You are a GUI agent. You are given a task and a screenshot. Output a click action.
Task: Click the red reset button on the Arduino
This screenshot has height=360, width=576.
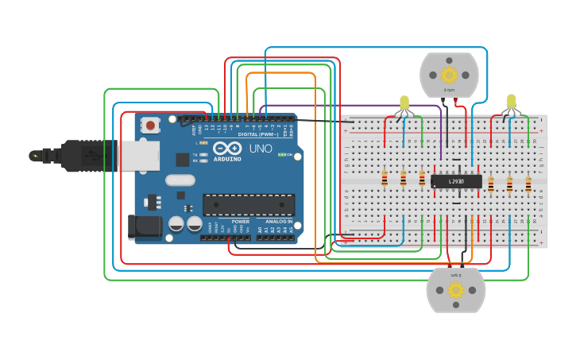[150, 125]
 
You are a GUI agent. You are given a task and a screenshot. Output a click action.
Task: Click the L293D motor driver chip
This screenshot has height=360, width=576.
[456, 181]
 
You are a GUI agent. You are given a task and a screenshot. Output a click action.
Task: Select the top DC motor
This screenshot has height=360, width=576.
[449, 75]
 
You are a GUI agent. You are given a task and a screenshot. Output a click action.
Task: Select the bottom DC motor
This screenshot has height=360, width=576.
[455, 290]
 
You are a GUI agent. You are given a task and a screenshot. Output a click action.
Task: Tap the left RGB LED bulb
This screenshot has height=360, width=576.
[404, 103]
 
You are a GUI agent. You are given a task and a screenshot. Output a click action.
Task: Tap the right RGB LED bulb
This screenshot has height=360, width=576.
[511, 102]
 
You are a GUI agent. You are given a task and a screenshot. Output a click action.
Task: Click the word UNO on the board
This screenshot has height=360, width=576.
[261, 149]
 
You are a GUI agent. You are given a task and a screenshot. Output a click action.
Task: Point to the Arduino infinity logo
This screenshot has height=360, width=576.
[226, 149]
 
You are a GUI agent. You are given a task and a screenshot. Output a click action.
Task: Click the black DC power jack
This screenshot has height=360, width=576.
[145, 226]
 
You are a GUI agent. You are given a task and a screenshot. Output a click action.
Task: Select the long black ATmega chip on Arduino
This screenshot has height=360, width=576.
[249, 205]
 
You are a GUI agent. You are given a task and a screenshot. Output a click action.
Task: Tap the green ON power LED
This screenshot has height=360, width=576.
[281, 154]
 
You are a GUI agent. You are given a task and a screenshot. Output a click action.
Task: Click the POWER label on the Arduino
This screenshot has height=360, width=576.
[240, 222]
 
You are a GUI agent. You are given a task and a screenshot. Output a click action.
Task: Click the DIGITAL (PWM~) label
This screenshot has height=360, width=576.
[258, 134]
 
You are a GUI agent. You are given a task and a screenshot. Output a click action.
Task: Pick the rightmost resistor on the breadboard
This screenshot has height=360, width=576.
[528, 184]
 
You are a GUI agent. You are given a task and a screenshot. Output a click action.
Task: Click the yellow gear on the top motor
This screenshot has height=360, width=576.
[449, 75]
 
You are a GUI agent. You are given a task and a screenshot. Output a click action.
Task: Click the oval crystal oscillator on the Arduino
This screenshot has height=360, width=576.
[180, 180]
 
